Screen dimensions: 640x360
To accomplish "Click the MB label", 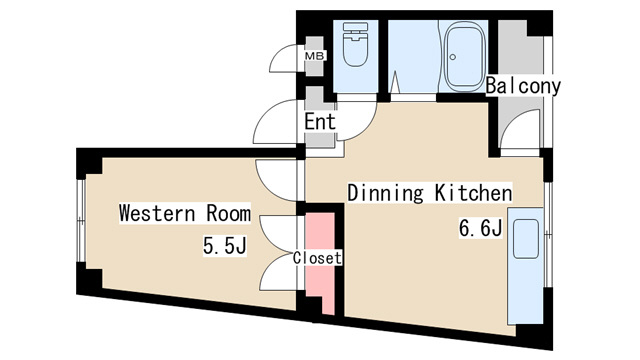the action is [315, 56].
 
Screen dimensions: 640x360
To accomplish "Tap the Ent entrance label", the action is [320, 122].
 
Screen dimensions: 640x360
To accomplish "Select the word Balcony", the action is [523, 86].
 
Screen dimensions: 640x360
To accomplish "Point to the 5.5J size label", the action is [225, 246].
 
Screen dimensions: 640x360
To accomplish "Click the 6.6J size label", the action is [480, 228].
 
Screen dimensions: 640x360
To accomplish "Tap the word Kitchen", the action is [473, 193].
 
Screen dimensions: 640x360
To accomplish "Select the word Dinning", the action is [386, 193].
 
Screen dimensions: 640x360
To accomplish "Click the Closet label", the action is [317, 258].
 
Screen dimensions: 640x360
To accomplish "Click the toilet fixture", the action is [356, 45].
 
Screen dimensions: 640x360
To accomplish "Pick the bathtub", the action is [464, 56].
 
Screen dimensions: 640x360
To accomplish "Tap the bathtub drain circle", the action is [453, 57].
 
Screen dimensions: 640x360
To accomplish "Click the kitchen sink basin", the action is [526, 239].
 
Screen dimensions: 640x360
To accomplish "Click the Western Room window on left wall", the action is [81, 220].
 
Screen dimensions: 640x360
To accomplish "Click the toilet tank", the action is [356, 27].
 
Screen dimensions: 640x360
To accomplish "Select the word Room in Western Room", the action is [228, 213].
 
